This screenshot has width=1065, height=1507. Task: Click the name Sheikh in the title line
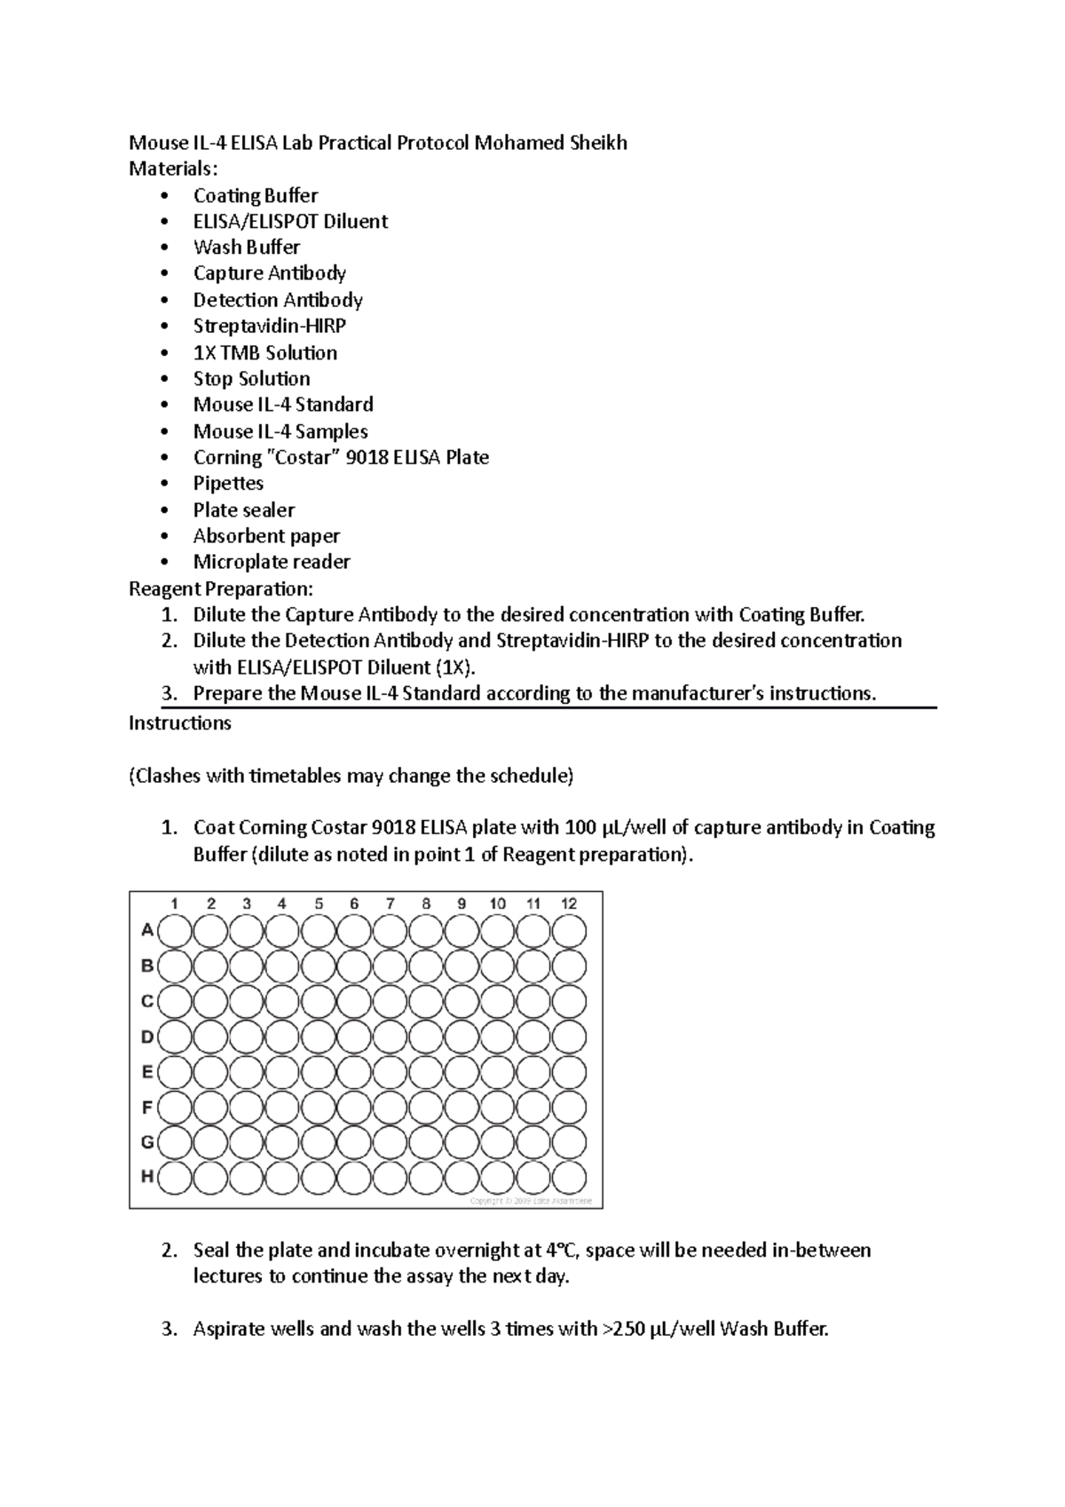[x=595, y=143]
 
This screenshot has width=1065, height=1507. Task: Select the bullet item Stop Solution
[x=251, y=379]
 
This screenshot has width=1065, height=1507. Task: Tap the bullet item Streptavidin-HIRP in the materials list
[x=269, y=326]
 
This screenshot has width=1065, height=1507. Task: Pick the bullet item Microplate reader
[x=272, y=562]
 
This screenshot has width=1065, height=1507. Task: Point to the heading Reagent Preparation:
[x=221, y=588]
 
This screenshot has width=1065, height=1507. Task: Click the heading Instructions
[x=179, y=723]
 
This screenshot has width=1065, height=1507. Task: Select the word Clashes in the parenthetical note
[x=167, y=777]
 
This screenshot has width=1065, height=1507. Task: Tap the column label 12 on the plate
[x=569, y=903]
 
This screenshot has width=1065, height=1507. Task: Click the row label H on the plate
[x=147, y=1177]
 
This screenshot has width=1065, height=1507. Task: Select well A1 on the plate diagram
[x=175, y=932]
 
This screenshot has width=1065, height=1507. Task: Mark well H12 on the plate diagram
[x=569, y=1178]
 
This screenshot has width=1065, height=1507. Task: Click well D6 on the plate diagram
[x=354, y=1037]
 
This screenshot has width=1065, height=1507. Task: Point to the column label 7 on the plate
[x=390, y=903]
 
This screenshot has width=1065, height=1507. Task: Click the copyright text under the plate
[x=534, y=1201]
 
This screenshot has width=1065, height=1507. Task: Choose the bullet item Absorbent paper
[x=266, y=536]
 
